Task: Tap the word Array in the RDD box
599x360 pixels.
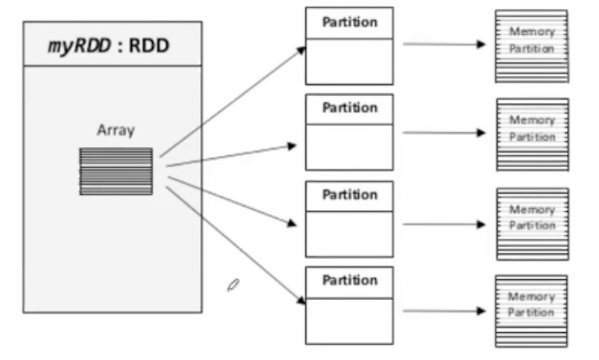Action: tap(116, 130)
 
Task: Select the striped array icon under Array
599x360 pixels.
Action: tap(116, 171)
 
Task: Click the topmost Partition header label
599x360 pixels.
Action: tap(349, 22)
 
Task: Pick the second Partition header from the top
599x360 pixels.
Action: tap(349, 109)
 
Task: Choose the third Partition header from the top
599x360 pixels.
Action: tap(349, 195)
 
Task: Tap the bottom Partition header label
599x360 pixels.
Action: tap(349, 281)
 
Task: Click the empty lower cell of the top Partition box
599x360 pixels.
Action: tap(349, 61)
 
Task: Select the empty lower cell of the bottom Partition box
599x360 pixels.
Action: tap(349, 320)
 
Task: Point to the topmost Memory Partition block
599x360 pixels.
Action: tap(532, 45)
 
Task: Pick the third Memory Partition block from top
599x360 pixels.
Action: tap(532, 222)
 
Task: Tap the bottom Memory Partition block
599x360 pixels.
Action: tap(532, 310)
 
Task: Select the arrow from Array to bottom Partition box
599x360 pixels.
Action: tap(233, 244)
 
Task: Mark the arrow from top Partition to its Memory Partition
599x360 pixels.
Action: tap(445, 43)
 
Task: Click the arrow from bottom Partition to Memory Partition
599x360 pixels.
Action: tap(445, 311)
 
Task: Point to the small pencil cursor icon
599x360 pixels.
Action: tap(233, 285)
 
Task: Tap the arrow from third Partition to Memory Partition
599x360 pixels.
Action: tap(445, 223)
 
